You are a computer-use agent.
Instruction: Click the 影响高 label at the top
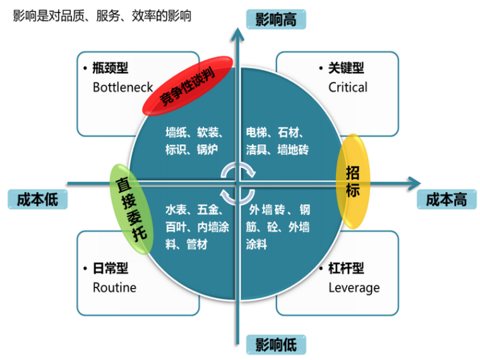point(275,19)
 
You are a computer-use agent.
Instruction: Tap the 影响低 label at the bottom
point(275,344)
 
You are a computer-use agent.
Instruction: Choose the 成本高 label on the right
point(446,200)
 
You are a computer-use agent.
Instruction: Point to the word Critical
point(347,87)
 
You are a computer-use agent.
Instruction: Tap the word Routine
point(114,288)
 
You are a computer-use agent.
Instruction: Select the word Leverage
point(354,288)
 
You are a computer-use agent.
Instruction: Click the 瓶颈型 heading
point(114,68)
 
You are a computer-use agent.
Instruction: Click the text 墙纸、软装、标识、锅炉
point(193,141)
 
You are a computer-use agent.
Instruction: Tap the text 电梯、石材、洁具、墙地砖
point(278,141)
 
